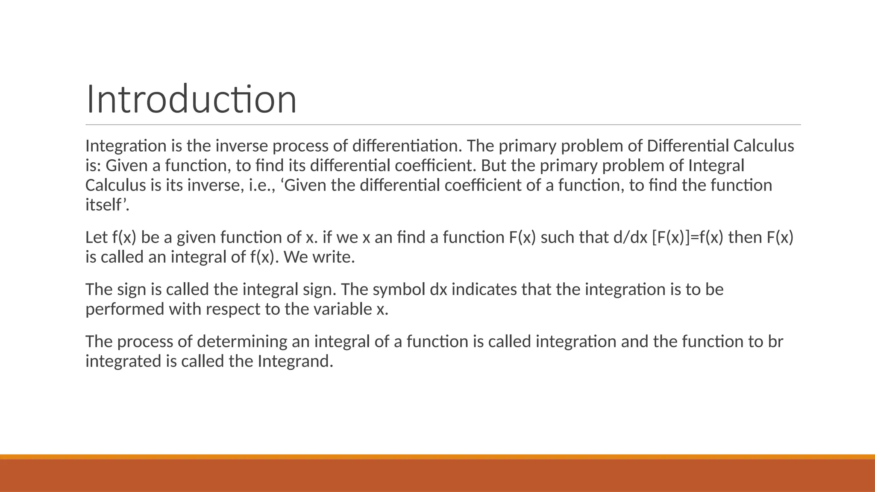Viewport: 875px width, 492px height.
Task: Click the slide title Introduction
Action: tap(191, 100)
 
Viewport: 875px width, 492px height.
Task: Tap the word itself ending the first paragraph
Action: tap(106, 205)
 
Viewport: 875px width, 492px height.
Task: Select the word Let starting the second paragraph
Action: tap(97, 237)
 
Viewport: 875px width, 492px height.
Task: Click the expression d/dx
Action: tap(630, 237)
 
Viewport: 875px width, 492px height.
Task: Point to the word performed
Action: tap(125, 309)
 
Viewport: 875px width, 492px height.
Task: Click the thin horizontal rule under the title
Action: tap(443, 125)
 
